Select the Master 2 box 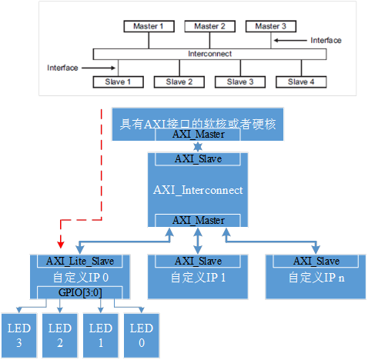pos(209,26)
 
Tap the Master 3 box pos(272,26)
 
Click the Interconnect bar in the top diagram pos(209,54)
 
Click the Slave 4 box pos(300,82)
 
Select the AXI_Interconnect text pos(199,189)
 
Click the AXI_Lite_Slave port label pos(79,261)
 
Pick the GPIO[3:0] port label pos(79,292)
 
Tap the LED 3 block pos(18,335)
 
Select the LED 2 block pos(60,335)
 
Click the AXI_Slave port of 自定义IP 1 pos(199,261)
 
